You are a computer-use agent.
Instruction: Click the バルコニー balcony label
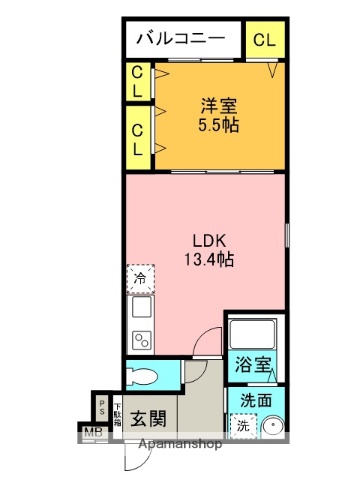185,41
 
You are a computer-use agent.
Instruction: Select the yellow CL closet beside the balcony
265,40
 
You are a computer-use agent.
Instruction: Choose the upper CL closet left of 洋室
138,82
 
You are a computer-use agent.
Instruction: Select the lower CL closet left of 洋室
138,139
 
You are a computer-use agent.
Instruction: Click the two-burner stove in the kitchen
140,338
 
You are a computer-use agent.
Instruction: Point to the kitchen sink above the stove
140,308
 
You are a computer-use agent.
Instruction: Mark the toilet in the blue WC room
147,377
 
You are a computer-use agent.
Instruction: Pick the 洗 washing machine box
243,425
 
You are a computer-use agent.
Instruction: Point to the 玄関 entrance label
150,416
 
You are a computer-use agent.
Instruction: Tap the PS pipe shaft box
101,409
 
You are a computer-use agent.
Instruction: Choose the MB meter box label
92,432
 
